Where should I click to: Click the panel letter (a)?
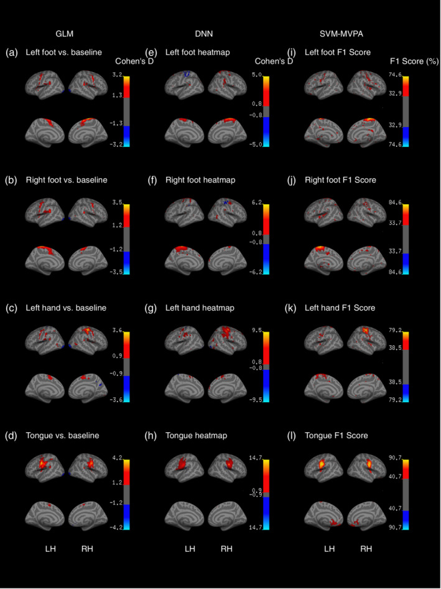pos(12,52)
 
